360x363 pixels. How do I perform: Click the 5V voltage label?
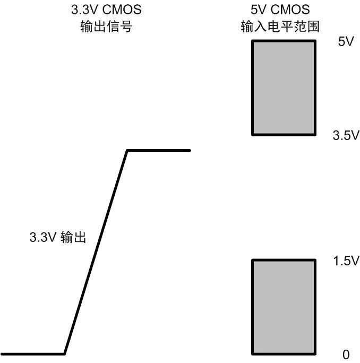346,41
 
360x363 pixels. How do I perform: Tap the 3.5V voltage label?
346,135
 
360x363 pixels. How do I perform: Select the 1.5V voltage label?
346,261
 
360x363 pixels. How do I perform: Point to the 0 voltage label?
346,355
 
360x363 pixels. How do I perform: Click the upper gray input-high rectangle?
284,88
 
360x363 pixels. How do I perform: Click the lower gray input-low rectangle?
284,307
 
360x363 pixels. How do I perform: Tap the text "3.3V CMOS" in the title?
106,10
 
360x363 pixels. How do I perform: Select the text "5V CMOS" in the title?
280,10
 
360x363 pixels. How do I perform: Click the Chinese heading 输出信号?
106,26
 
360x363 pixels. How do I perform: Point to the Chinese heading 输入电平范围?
280,26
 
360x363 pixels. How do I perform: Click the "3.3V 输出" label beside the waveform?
58,237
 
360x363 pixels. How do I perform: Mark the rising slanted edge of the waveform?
96,252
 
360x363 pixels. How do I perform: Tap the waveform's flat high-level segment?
159,151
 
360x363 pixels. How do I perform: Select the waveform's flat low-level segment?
32,354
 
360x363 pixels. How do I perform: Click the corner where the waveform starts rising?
65,354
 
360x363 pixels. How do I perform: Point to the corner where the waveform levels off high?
127,151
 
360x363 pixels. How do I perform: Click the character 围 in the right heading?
313,26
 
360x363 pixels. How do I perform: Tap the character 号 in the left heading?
126,26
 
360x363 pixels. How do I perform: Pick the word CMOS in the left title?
122,10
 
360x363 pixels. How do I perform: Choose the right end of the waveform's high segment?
190,151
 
